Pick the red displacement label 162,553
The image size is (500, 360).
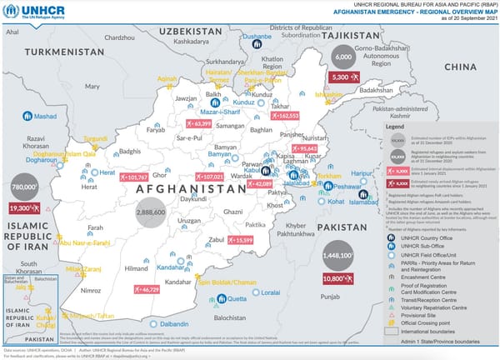coord(284,116)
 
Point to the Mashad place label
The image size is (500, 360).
coord(42,116)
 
